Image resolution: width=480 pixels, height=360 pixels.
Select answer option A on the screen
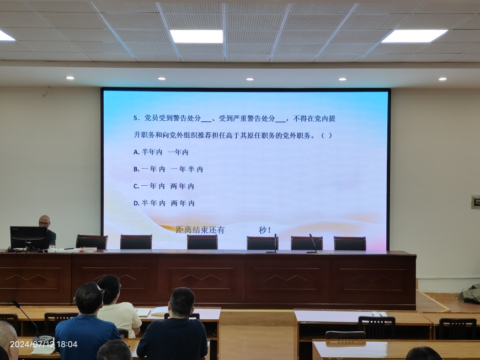click(161, 152)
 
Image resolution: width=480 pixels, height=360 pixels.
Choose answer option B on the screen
click(168, 169)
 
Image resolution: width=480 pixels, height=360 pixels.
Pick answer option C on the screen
click(164, 186)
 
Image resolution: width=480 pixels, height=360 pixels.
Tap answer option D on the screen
click(164, 203)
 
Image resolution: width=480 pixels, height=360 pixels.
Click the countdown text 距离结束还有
click(200, 230)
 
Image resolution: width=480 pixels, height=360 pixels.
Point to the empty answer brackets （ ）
click(326, 136)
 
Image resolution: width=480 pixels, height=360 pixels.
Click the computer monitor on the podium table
click(29, 238)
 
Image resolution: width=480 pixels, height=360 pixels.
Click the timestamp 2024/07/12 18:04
click(44, 345)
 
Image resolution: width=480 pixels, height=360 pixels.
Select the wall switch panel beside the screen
click(476, 202)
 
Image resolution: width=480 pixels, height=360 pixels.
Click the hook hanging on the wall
click(46, 92)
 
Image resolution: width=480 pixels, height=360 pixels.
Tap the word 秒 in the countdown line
click(263, 230)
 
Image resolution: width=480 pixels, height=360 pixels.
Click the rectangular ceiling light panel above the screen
click(196, 36)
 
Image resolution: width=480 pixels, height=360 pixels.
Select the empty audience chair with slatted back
click(376, 327)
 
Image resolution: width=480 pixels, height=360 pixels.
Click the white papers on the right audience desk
click(380, 314)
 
